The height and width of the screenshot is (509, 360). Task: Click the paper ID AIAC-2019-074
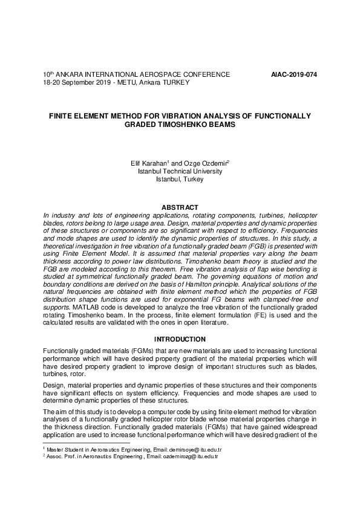pos(294,74)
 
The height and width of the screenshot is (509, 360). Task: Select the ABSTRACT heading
pos(180,207)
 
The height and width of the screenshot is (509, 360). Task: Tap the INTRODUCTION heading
pos(180,339)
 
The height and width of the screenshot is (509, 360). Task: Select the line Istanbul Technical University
pos(180,171)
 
